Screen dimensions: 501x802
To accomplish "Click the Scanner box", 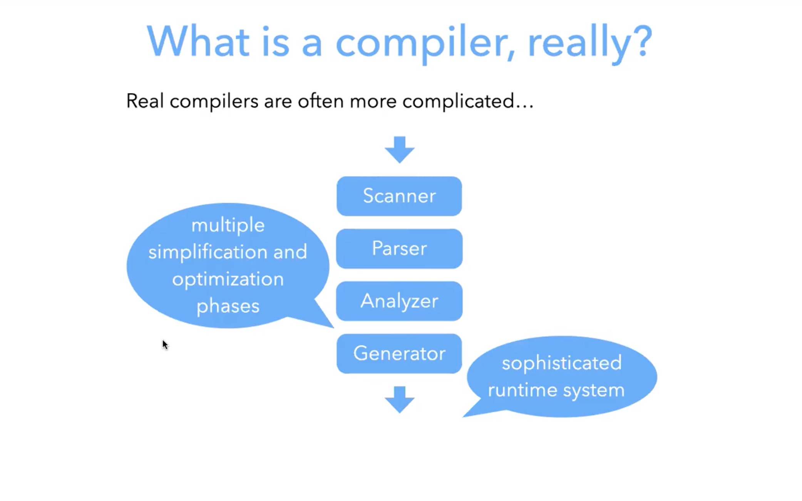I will pos(399,196).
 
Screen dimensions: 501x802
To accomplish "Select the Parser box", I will pos(399,248).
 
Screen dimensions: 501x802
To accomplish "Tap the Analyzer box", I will pos(399,301).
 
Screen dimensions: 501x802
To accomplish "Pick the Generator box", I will pos(399,353).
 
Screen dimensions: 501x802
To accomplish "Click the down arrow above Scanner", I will pos(399,149).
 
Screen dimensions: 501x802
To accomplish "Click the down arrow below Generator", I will pos(399,399).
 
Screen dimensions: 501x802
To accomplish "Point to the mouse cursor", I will pos(165,344).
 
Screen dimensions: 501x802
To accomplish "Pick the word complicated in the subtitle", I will pos(458,102).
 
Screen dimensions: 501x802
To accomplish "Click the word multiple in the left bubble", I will pos(228,225).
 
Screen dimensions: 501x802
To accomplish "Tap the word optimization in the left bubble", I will pos(228,279).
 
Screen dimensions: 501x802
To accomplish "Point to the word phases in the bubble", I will pos(228,306).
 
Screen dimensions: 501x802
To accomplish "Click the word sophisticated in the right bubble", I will pos(561,363).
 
